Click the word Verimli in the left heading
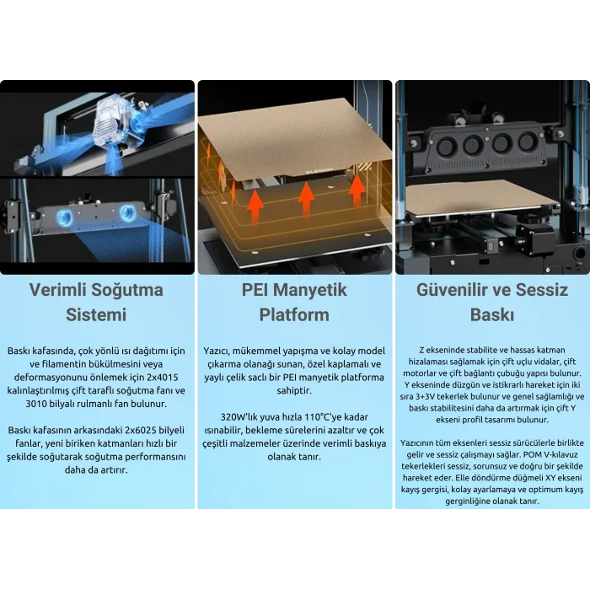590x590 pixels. [x=57, y=290]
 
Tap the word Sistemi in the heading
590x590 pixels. [x=96, y=314]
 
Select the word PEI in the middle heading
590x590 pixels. [x=255, y=290]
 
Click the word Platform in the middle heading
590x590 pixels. [x=294, y=314]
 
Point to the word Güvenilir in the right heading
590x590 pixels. [x=453, y=290]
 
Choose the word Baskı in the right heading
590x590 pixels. [x=492, y=314]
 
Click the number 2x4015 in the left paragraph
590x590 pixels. [x=162, y=378]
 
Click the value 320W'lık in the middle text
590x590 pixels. [x=238, y=417]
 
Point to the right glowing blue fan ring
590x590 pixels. [x=127, y=213]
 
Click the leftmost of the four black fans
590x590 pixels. [x=446, y=146]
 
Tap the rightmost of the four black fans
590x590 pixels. [x=527, y=142]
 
